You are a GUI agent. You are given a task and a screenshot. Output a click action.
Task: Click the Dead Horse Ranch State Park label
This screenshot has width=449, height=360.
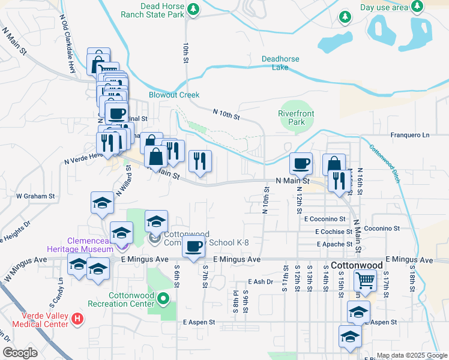tap(153, 10)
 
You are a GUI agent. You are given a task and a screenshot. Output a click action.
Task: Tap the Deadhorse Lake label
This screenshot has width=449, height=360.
tap(284, 63)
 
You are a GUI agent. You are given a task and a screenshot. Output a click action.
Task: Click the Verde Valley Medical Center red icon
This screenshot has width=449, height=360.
tap(77, 319)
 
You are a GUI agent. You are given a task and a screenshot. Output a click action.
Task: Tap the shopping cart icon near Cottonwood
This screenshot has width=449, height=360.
tap(366, 280)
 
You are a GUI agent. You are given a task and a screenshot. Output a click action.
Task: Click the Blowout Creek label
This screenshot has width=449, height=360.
tap(174, 95)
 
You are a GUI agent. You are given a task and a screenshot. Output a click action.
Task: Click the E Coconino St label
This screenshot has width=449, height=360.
tap(325, 220)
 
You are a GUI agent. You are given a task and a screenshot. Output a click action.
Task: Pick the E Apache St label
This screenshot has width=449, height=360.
tap(334, 244)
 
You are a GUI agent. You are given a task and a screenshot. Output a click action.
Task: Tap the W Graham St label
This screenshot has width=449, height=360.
tap(35, 196)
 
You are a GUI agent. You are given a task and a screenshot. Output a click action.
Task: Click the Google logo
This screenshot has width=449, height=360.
tap(20, 353)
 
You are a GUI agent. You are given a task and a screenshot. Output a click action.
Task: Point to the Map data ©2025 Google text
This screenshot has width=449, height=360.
tap(411, 355)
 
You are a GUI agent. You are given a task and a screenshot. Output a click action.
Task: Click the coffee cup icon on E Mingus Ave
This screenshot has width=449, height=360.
tap(193, 246)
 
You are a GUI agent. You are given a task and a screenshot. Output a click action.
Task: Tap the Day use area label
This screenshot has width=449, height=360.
tap(384, 7)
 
